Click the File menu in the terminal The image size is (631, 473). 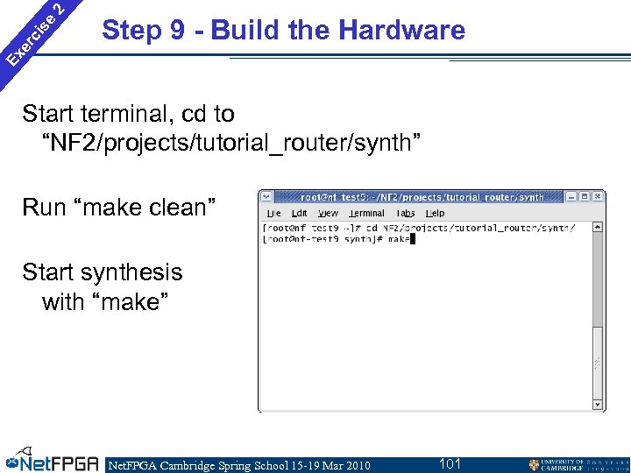[273, 213]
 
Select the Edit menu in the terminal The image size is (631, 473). [300, 213]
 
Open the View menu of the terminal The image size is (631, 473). [328, 213]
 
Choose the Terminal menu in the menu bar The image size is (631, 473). [366, 213]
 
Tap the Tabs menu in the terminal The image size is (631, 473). [405, 213]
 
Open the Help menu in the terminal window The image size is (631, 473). [435, 213]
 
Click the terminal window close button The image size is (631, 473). [597, 197]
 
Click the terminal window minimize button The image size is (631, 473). [571, 197]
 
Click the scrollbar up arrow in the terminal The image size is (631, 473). [598, 227]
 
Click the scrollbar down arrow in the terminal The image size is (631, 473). [598, 404]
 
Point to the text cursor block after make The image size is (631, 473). [412, 239]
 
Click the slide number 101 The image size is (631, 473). [450, 462]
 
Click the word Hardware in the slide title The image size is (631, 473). [401, 31]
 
